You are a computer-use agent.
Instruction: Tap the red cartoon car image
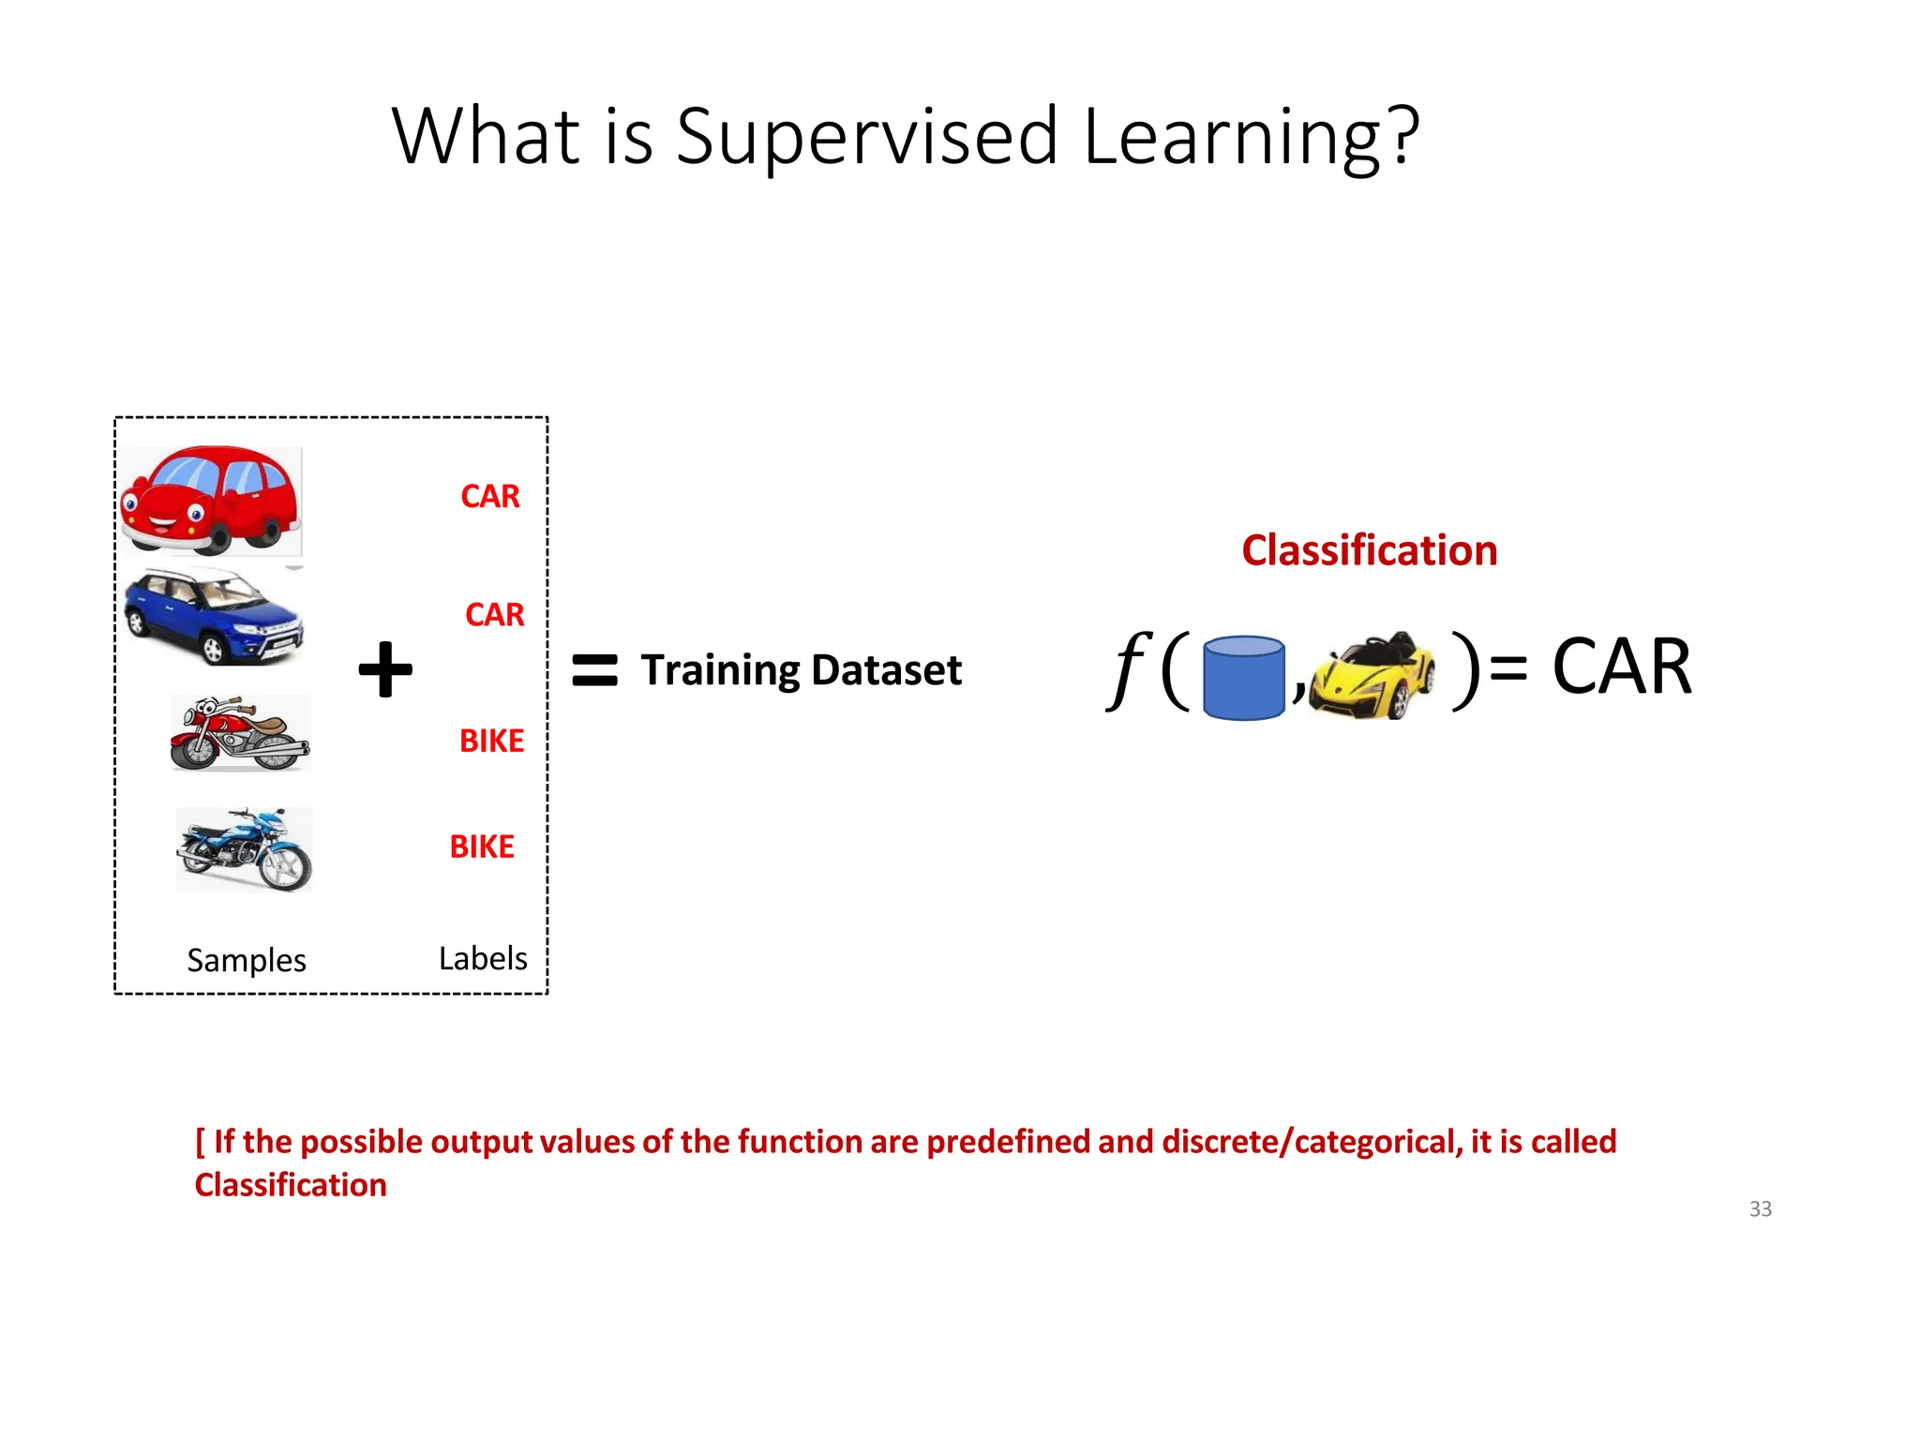coord(211,501)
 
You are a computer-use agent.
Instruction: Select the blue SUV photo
coord(214,617)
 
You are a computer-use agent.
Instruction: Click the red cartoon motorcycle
coord(240,734)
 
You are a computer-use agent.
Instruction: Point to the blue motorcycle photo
coord(245,850)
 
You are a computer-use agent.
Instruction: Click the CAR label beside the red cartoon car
coord(489,496)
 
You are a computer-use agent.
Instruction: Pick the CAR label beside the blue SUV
coord(494,615)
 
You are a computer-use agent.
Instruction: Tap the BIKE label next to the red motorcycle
coord(491,742)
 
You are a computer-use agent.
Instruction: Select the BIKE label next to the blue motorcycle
coord(482,847)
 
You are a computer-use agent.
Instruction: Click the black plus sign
coord(385,669)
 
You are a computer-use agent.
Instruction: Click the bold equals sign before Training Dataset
coord(594,670)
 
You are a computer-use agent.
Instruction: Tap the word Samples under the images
coord(247,960)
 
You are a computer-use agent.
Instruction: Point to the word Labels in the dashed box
coord(483,958)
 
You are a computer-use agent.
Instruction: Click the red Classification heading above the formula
coord(1369,550)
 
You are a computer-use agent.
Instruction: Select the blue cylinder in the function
coord(1243,678)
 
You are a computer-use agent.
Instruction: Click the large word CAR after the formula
coord(1621,667)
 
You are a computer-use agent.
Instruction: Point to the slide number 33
coord(1760,1209)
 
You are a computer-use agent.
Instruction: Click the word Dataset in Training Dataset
coord(886,670)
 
